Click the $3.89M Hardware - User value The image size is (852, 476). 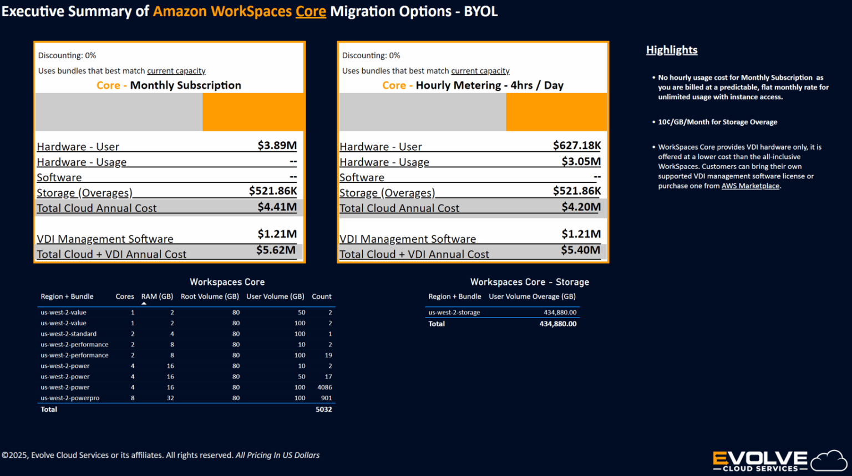[x=277, y=146]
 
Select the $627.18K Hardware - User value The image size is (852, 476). [x=576, y=146]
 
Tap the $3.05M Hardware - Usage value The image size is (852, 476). [x=581, y=161]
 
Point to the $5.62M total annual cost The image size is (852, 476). [x=276, y=250]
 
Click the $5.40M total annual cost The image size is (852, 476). [x=580, y=250]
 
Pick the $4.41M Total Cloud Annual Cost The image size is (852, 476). [x=277, y=207]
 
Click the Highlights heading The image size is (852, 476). [x=671, y=50]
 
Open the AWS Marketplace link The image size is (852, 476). [x=750, y=186]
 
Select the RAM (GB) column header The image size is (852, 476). [x=157, y=297]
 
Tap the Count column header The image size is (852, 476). [x=321, y=297]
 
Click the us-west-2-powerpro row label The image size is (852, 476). [x=70, y=398]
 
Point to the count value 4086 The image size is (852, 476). [x=324, y=387]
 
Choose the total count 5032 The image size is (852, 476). [x=323, y=410]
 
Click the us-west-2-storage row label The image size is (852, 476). [x=454, y=313]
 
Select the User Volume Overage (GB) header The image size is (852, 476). [x=531, y=297]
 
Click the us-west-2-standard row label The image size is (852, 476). [x=68, y=334]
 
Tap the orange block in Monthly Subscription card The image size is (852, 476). [x=253, y=112]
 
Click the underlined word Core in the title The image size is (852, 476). [x=311, y=11]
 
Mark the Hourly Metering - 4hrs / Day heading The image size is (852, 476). [x=489, y=85]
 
